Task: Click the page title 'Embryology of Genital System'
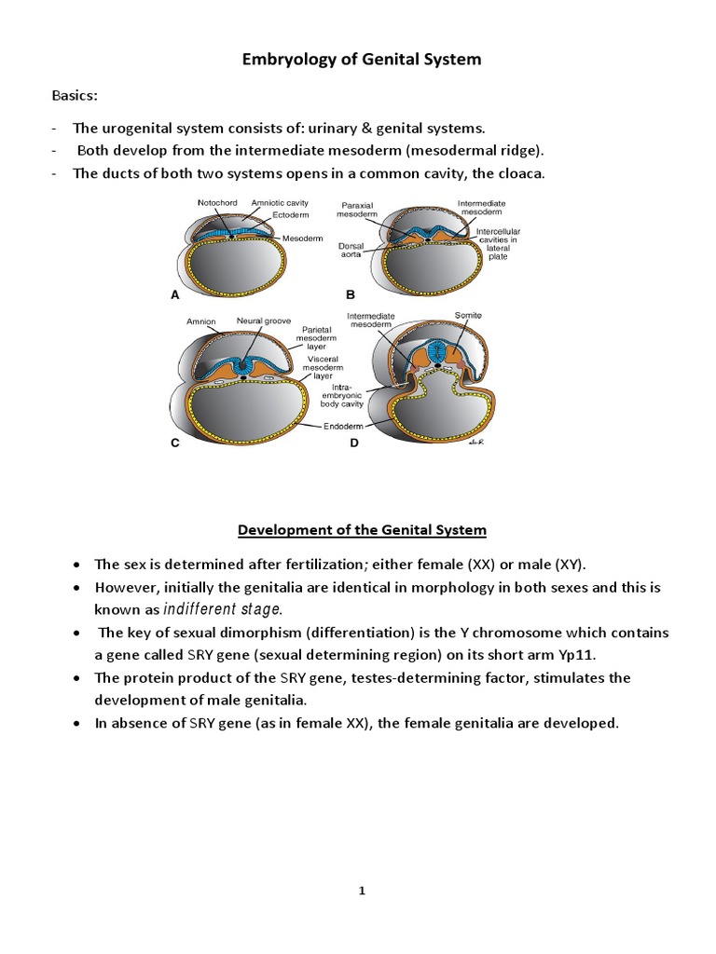tap(362, 60)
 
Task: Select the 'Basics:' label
tap(72, 96)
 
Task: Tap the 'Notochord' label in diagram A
tap(218, 202)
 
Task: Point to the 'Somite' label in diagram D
tap(468, 316)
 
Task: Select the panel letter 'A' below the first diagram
tap(174, 295)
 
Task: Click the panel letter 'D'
tap(353, 444)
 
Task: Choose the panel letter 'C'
tap(174, 444)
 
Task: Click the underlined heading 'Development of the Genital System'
tap(362, 530)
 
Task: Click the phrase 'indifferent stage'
tap(222, 609)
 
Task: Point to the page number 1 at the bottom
tap(362, 892)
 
